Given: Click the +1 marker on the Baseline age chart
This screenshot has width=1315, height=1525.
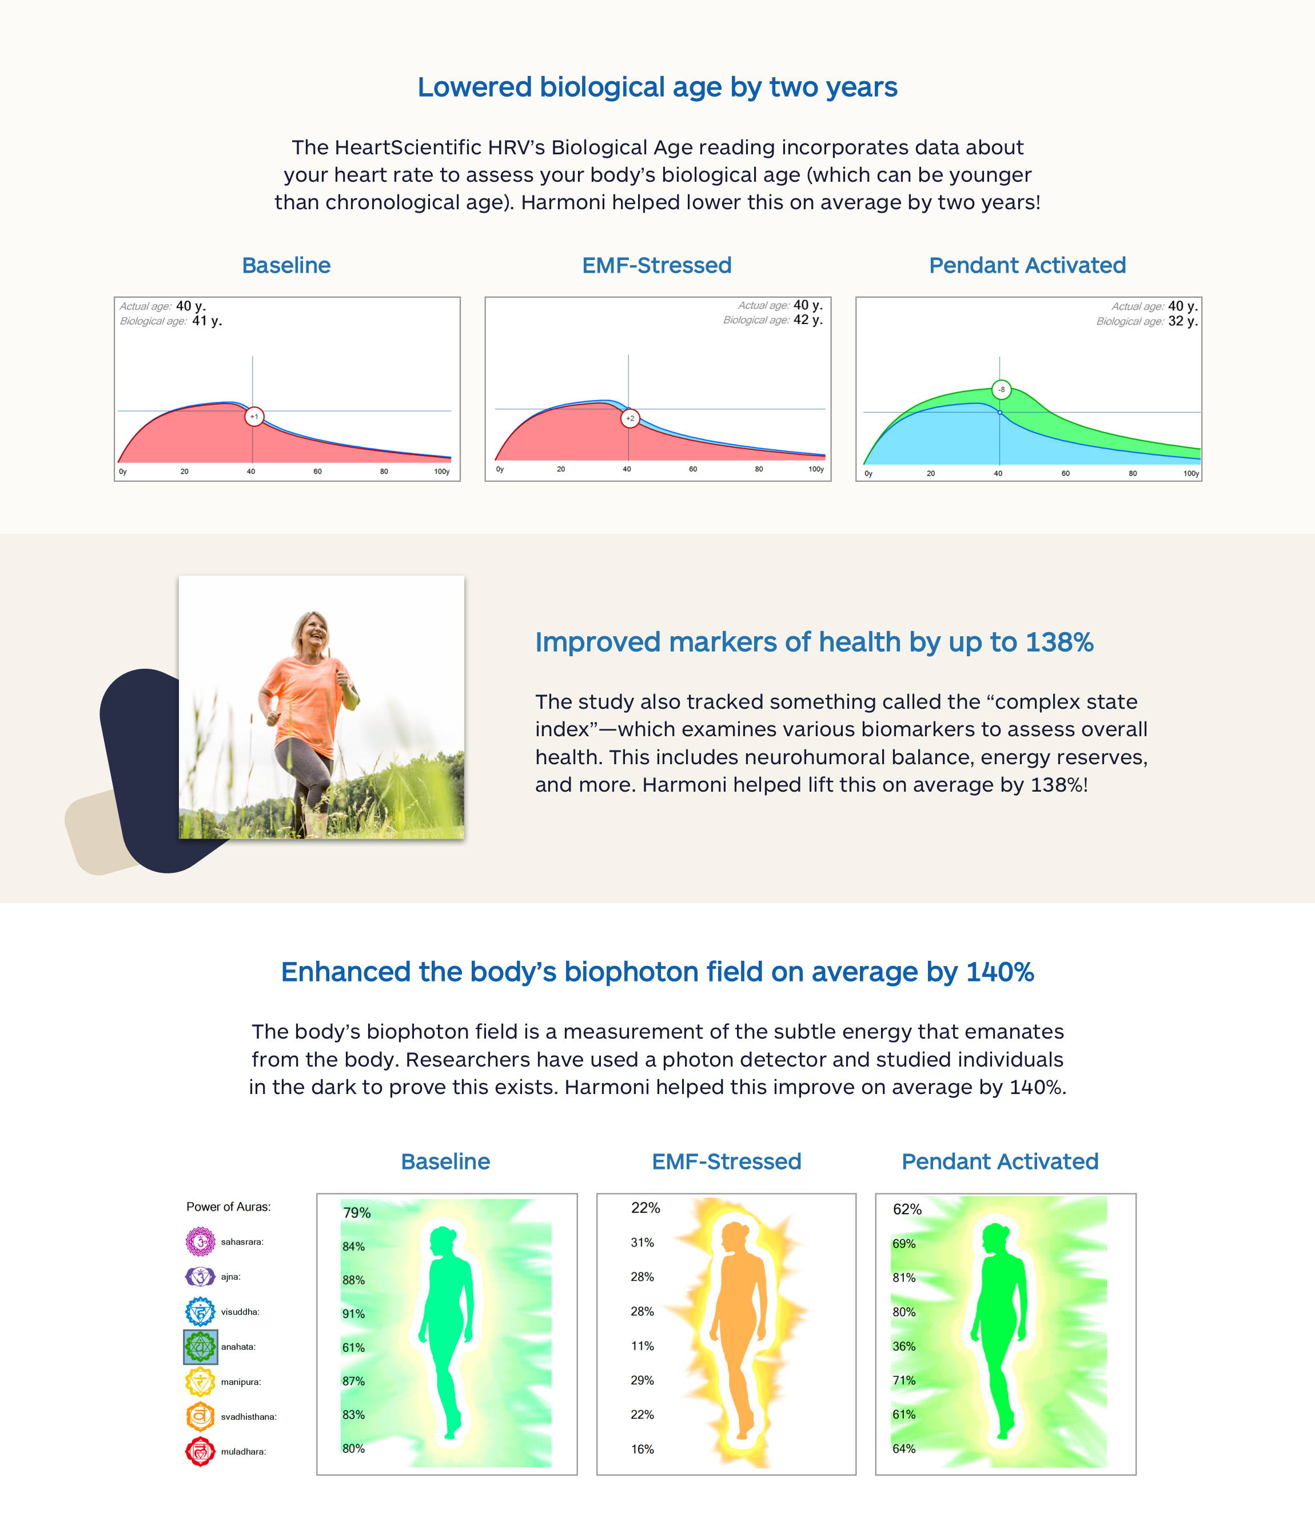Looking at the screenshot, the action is (x=254, y=417).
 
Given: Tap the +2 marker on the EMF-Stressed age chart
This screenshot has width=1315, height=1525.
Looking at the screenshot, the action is (x=630, y=418).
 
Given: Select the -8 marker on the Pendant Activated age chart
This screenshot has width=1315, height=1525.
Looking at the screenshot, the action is (x=1001, y=389).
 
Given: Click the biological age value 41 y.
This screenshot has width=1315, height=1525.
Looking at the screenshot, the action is (x=207, y=321).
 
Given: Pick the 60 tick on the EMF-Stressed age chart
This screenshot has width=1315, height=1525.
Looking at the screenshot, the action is (x=693, y=469).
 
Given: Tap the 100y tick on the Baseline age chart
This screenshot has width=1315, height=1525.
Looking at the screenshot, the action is (x=442, y=471).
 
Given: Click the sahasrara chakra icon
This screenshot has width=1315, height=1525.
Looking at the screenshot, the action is (x=200, y=1241).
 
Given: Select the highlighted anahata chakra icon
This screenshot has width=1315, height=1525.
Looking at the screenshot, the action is (x=200, y=1347).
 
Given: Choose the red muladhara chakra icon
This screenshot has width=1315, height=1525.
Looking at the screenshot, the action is (x=200, y=1451).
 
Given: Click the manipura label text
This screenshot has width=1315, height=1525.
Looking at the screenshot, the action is (x=241, y=1382).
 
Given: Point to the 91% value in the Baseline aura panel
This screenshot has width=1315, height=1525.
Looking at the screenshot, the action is (x=353, y=1314).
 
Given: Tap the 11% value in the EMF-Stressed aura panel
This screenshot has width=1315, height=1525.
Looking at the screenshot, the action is (x=642, y=1346).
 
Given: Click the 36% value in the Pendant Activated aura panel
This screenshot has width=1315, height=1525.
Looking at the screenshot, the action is (x=904, y=1346).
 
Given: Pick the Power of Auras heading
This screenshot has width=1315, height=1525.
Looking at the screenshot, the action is (x=228, y=1206).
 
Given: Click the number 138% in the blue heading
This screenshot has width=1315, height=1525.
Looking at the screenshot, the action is (x=1059, y=642).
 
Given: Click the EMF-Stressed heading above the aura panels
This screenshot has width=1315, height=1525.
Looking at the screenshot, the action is (x=727, y=1161).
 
